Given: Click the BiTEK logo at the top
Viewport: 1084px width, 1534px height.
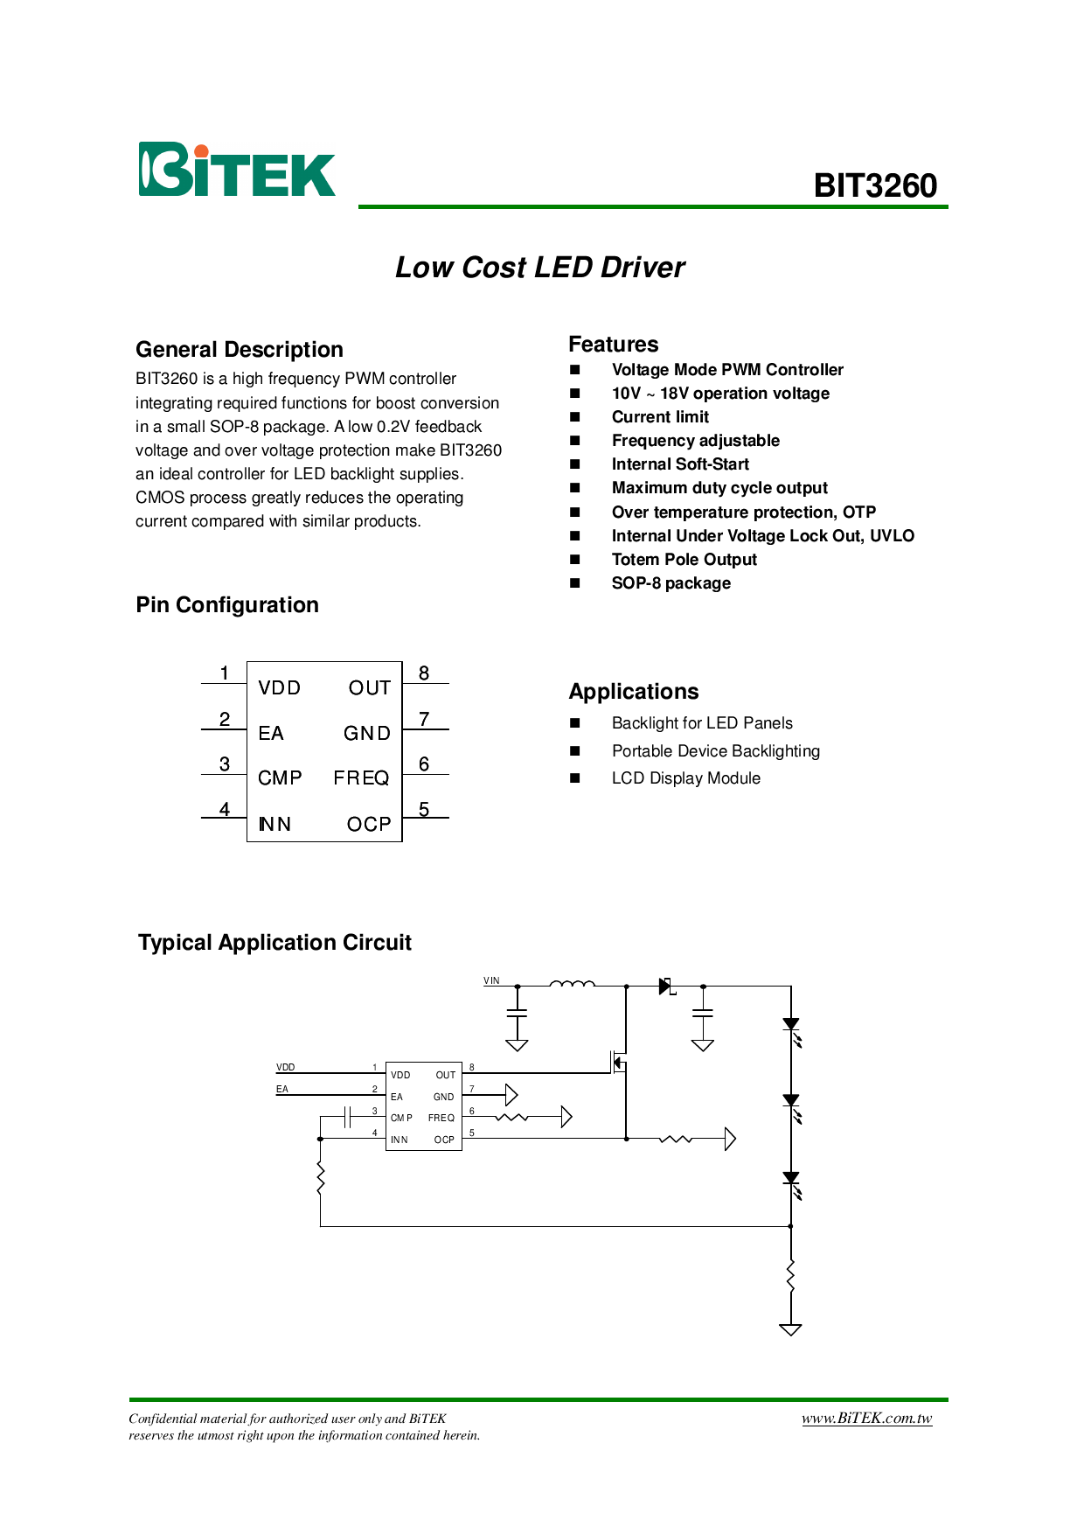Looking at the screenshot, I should pyautogui.click(x=237, y=170).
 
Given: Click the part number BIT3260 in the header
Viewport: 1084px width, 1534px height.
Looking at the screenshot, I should pyautogui.click(x=875, y=185).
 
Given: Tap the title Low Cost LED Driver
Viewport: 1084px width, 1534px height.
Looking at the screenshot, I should pyautogui.click(x=540, y=268).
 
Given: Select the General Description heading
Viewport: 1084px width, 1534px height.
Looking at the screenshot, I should pyautogui.click(x=240, y=350).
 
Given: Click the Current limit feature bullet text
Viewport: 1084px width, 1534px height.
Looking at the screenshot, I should pyautogui.click(x=660, y=417).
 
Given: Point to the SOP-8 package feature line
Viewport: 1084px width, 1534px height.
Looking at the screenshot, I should pyautogui.click(x=671, y=583).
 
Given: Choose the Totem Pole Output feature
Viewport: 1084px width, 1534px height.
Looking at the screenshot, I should pyautogui.click(x=684, y=560).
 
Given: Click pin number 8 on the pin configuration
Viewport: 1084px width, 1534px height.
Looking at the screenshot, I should pyautogui.click(x=424, y=673).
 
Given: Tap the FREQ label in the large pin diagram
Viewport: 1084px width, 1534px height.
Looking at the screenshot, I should pyautogui.click(x=361, y=778).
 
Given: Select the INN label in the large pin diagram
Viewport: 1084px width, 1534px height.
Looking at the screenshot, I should pyautogui.click(x=274, y=824).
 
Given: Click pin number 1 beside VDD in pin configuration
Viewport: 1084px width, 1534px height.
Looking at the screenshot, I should pyautogui.click(x=225, y=673).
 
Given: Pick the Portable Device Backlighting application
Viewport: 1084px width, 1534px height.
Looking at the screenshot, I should pyautogui.click(x=715, y=751).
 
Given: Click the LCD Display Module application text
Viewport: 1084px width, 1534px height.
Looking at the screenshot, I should pyautogui.click(x=685, y=778).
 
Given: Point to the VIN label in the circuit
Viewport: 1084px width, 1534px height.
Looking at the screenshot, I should pyautogui.click(x=491, y=980).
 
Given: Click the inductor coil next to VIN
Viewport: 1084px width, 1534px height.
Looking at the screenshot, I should pyautogui.click(x=572, y=985).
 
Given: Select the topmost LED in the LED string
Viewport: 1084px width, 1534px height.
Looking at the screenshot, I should pyautogui.click(x=791, y=1024).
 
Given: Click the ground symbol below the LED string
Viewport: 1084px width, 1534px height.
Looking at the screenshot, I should pyautogui.click(x=790, y=1329).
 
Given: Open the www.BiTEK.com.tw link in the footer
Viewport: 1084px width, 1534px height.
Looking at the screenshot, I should pyautogui.click(x=866, y=1419).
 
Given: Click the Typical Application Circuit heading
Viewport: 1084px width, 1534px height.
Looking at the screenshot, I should pyautogui.click(x=274, y=943).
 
